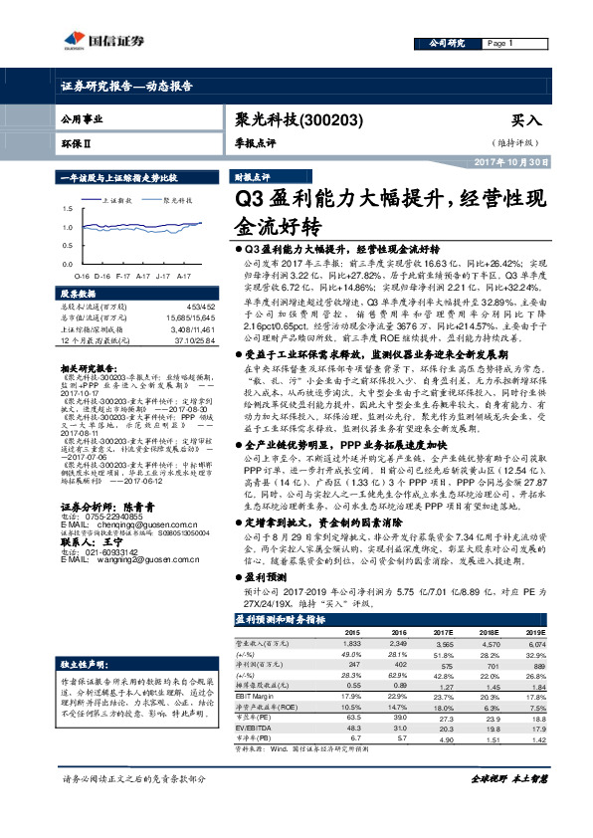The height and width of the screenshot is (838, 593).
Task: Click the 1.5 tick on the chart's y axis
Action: (x=68, y=210)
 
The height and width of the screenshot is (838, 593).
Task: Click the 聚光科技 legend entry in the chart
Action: (x=178, y=199)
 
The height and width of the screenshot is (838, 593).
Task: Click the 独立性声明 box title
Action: (x=83, y=663)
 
